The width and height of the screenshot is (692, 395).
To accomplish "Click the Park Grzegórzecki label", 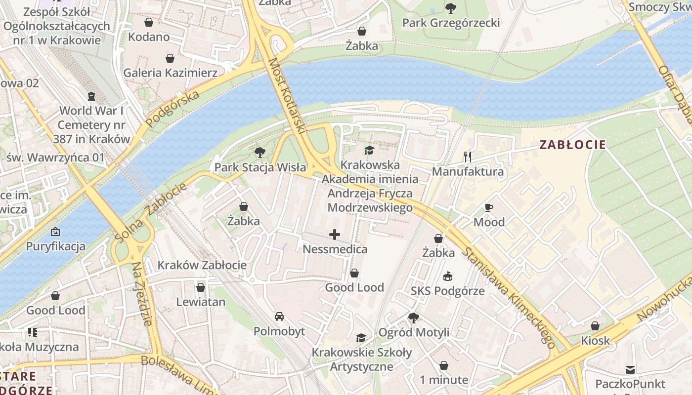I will (x=451, y=23).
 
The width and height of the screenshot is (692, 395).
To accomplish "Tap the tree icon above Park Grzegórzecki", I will (x=450, y=8).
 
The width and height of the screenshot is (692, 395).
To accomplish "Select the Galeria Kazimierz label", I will (x=170, y=73).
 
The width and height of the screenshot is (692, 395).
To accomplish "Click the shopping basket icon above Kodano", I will (x=148, y=22).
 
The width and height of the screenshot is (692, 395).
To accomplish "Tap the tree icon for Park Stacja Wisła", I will (x=259, y=153).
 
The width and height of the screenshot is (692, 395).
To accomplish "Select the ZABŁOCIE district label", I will (x=572, y=145).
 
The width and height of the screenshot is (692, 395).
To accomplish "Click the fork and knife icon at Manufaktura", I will (x=468, y=157).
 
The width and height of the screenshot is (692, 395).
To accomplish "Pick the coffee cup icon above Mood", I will (x=489, y=207).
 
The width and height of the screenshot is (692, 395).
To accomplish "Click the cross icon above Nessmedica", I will (x=335, y=235).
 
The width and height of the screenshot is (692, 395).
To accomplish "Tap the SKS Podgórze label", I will (x=448, y=291).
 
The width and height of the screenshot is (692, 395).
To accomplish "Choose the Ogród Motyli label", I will (x=414, y=332).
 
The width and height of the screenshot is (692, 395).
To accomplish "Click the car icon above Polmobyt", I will (x=279, y=316).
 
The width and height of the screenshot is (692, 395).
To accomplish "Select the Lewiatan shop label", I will (x=201, y=302).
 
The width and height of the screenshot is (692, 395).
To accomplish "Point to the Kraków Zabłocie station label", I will (x=202, y=265).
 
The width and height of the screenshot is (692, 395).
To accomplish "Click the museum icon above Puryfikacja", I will (x=55, y=231).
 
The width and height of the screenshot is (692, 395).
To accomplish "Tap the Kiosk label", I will (x=595, y=341).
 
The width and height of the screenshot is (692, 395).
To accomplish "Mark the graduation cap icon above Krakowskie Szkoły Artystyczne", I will (x=361, y=338).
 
